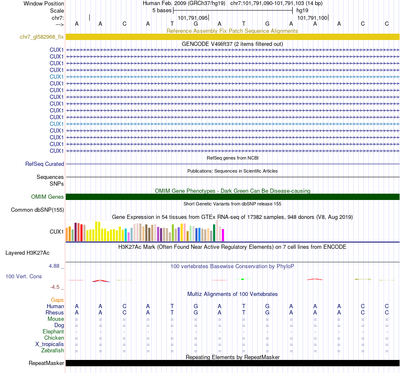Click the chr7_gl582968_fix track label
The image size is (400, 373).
[x=42, y=37]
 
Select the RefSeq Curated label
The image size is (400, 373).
[x=45, y=164]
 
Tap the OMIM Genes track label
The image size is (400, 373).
[x=48, y=197]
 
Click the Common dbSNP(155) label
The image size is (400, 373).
[x=37, y=210]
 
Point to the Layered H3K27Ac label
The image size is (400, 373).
[x=27, y=253]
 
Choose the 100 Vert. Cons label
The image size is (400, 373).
[x=24, y=277]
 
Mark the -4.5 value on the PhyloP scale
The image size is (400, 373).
[x=55, y=287]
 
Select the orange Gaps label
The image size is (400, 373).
[x=58, y=300]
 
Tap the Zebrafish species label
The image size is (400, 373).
[x=53, y=350]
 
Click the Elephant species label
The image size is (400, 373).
[x=53, y=332]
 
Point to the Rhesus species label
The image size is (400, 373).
[x=55, y=313]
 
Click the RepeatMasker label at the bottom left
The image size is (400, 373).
[x=46, y=363]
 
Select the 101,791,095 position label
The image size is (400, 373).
[x=193, y=18]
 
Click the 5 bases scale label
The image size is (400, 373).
[x=162, y=10]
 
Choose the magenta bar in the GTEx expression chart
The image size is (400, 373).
[x=223, y=235]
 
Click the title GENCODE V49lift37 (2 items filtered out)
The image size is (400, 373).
[x=232, y=44]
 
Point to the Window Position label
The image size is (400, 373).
[x=44, y=3]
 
